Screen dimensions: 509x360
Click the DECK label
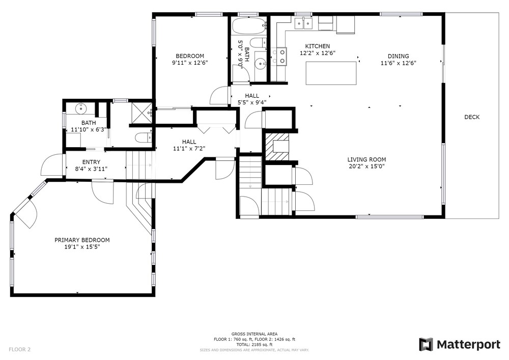[472, 117]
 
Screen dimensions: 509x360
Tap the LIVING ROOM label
[366, 159]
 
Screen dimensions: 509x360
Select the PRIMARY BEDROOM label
[82, 240]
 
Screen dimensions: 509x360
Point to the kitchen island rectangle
[331, 73]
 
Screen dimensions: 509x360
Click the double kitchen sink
[303, 23]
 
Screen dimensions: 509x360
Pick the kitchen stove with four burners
[279, 56]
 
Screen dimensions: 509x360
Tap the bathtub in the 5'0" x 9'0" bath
[249, 25]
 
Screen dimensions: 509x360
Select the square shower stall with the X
[141, 113]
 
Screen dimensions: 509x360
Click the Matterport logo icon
[426, 344]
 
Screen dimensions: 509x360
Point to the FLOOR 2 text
[19, 350]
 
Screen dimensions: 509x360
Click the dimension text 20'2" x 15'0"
[366, 166]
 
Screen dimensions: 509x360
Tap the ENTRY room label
[91, 162]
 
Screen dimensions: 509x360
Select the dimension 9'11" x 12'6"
[190, 63]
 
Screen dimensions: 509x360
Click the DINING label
[399, 56]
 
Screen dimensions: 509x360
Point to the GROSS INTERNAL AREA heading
[254, 334]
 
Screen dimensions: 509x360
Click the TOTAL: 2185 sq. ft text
[254, 345]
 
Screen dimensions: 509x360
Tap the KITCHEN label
[318, 46]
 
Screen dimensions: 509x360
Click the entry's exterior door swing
[52, 164]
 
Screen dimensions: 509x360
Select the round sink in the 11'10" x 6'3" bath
[80, 109]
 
